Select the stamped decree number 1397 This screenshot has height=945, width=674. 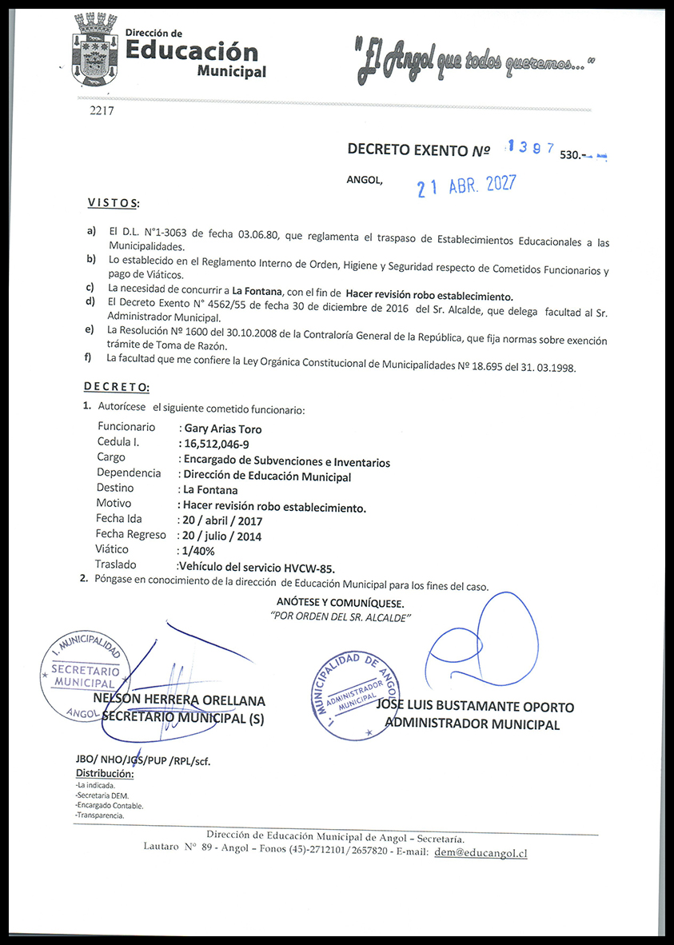pyautogui.click(x=531, y=149)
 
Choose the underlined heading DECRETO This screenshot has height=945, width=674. pyautogui.click(x=117, y=387)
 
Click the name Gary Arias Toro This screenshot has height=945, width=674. pyautogui.click(x=222, y=429)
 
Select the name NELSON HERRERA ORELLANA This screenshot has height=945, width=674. pyautogui.click(x=179, y=701)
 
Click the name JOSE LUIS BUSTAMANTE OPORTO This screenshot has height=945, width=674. pyautogui.click(x=475, y=708)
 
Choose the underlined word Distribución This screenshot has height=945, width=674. pyautogui.click(x=105, y=774)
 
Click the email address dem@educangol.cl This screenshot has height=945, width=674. pyautogui.click(x=480, y=853)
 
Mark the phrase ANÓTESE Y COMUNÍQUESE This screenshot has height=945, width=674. pyautogui.click(x=341, y=603)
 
